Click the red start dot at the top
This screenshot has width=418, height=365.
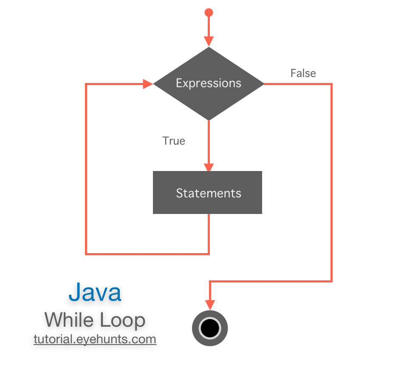coord(209,12)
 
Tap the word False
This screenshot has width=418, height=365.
coord(303,73)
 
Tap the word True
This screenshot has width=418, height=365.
coord(174,140)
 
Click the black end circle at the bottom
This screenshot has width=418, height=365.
coord(210,328)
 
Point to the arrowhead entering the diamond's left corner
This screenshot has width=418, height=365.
coord(148,84)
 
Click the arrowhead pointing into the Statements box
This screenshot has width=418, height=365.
coord(209,167)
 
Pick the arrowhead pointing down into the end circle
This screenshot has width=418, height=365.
coord(210,305)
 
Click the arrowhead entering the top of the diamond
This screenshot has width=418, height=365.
coord(209,41)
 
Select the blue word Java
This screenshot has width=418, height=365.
coord(95,292)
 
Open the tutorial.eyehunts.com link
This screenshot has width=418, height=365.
coord(95,339)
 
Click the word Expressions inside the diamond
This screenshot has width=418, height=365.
coord(209,83)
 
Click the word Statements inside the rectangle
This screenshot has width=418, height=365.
coord(209,193)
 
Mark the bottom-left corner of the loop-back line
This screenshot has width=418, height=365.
coord(86,254)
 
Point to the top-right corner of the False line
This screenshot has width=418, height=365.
coord(331,84)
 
